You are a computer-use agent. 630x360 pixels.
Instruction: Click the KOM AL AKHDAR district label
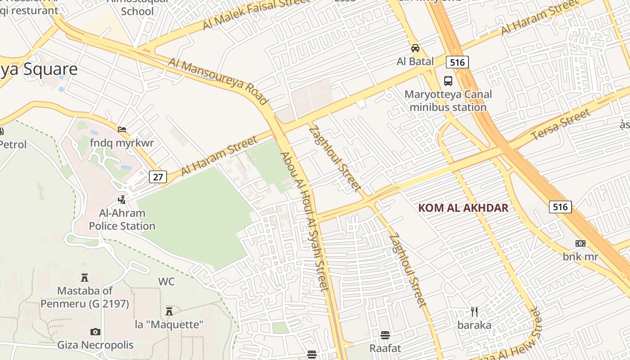(x=463, y=208)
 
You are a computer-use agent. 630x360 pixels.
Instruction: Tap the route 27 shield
(x=157, y=177)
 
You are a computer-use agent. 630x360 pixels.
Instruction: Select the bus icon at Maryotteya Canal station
(x=448, y=81)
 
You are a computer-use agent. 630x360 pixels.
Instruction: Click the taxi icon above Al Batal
(x=415, y=48)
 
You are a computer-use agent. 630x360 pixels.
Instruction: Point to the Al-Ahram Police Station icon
(x=121, y=199)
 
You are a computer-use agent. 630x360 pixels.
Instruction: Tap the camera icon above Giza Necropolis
(x=95, y=332)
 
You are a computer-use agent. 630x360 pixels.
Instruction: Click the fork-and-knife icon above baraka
(x=474, y=312)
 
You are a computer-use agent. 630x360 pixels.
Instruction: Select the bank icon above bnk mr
(x=580, y=243)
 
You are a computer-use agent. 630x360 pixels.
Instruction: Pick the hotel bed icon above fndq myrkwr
(x=122, y=130)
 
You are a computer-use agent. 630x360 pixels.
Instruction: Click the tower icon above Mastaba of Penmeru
(x=84, y=278)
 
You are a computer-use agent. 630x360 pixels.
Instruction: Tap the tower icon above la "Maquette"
(x=169, y=311)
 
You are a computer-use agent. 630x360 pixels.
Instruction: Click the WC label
(x=166, y=282)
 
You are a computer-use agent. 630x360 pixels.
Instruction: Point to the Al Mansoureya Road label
(x=218, y=81)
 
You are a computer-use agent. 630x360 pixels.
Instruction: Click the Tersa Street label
(x=560, y=124)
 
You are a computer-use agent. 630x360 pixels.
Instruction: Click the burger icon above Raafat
(x=385, y=335)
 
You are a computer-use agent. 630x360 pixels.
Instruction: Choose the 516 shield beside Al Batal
(x=457, y=62)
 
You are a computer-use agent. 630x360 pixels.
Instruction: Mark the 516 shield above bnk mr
(x=560, y=207)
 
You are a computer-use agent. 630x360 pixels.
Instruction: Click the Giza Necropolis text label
(x=95, y=345)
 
